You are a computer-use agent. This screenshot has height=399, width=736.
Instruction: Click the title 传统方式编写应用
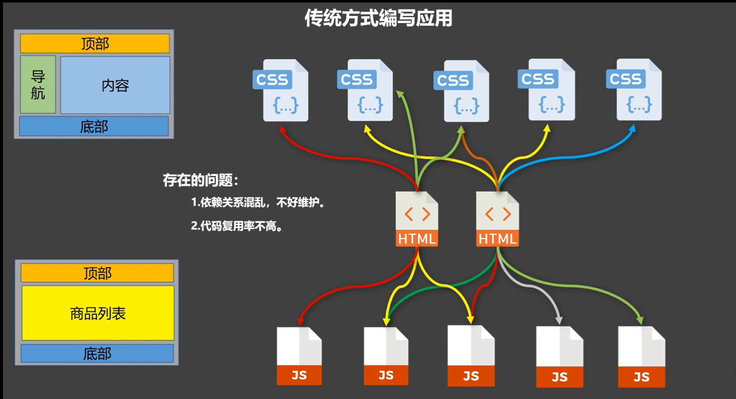[x=378, y=18]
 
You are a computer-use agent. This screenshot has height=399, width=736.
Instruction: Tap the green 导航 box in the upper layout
[x=38, y=85]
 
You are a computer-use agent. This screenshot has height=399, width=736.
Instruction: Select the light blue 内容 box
[x=115, y=85]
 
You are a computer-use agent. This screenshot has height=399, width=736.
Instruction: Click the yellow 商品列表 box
[x=98, y=313]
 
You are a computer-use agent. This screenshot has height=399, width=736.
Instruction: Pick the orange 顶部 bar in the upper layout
[x=95, y=44]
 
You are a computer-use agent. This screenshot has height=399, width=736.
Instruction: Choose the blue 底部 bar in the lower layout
[x=97, y=354]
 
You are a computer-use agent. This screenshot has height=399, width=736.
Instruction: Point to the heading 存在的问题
[x=200, y=180]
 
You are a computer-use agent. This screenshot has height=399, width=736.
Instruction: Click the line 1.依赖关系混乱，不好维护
[x=258, y=202]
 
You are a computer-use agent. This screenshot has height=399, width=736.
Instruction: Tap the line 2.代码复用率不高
[x=237, y=226]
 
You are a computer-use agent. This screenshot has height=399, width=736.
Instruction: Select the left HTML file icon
[x=417, y=219]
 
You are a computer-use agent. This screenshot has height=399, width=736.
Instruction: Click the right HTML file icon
[x=497, y=219]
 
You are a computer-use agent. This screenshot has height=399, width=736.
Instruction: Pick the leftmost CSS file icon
[x=281, y=91]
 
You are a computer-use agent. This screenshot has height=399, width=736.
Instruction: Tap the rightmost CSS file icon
[x=634, y=90]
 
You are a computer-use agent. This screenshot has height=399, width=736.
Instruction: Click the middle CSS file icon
[x=462, y=91]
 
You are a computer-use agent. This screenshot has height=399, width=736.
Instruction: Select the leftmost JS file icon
[x=299, y=356]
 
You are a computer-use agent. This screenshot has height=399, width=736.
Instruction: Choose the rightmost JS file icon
[x=641, y=357]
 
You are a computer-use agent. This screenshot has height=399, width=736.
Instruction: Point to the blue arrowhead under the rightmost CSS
[x=632, y=129]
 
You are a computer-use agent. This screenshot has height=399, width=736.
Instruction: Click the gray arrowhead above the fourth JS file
[x=559, y=320]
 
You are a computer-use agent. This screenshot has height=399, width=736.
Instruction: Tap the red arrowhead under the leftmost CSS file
[x=282, y=130]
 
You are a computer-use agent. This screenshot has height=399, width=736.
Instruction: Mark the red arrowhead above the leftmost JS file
[x=300, y=321]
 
